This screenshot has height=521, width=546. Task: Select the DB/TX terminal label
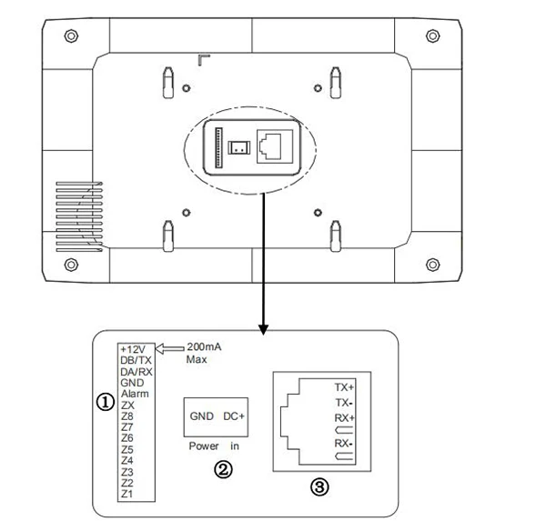pos(136,361)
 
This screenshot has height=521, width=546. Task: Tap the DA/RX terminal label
pos(136,372)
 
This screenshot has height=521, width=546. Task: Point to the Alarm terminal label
pos(134,394)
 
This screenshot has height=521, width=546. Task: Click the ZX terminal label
pos(127,405)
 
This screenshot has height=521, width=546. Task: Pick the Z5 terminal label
pos(127,449)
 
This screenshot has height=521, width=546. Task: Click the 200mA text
pos(202,347)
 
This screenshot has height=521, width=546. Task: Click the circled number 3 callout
pos(318,487)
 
